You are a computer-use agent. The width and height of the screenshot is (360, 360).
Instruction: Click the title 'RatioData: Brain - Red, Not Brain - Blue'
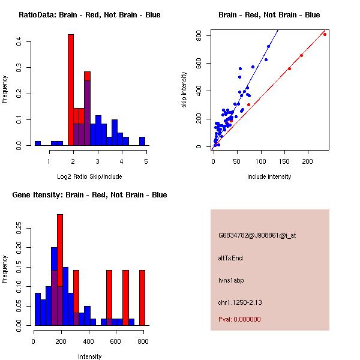coord(89,15)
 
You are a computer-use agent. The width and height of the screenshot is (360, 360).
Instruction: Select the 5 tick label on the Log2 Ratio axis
coord(146,161)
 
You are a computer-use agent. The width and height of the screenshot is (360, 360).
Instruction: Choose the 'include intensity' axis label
coord(269,176)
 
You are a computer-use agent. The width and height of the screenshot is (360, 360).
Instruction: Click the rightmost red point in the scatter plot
coord(325,34)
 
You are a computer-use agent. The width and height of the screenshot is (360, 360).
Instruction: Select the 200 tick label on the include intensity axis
coord(307,161)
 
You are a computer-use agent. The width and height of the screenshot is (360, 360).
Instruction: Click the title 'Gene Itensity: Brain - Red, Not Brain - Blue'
coord(89,195)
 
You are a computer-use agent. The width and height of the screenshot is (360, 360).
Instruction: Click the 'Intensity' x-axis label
coord(90,356)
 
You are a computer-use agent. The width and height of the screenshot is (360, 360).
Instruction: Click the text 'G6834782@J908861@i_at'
coord(257,235)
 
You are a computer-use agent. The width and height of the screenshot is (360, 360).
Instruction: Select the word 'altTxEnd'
coord(230,258)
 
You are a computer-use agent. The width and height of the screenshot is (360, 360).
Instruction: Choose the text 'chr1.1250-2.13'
coord(238,302)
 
